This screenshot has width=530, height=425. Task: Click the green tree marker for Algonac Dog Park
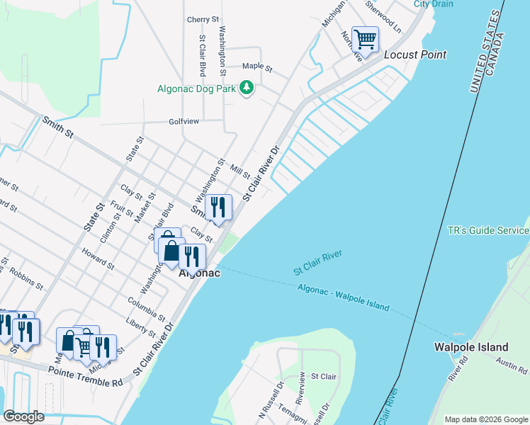click(246, 88)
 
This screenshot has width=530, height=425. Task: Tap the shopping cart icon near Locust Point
click(364, 39)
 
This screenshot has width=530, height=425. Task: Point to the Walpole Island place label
click(470, 347)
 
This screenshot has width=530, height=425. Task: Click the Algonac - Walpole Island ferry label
click(344, 297)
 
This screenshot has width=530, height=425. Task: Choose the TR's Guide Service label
click(488, 231)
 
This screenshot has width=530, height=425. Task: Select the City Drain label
click(433, 4)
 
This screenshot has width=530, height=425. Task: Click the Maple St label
click(257, 67)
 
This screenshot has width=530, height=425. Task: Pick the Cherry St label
click(203, 19)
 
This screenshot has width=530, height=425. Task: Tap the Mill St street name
click(241, 172)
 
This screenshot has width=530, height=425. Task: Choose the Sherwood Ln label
click(383, 15)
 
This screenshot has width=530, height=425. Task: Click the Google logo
click(24, 416)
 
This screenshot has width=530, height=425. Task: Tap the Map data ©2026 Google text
click(485, 419)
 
